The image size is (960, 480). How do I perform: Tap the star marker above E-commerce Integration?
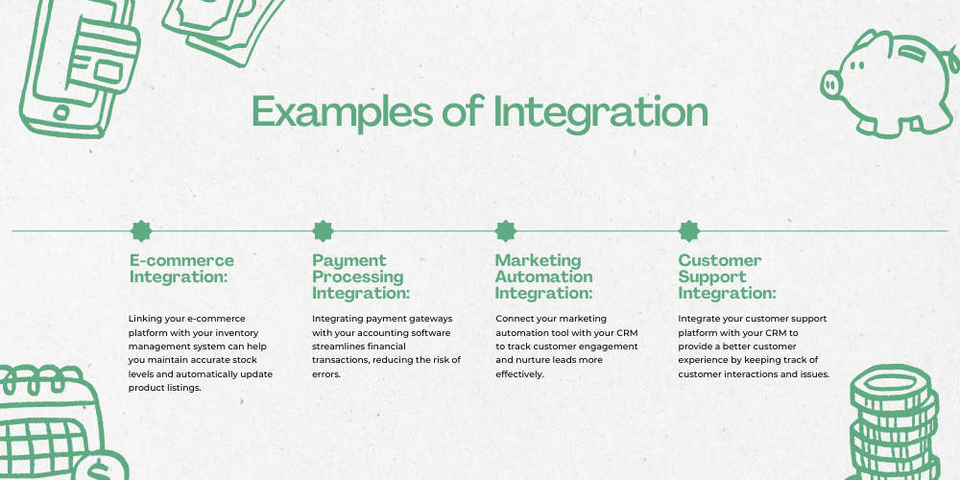click(x=141, y=230)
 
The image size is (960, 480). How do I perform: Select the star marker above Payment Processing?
click(x=323, y=230)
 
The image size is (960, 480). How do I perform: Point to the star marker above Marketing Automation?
click(x=506, y=230)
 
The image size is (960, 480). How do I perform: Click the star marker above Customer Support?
click(x=688, y=230)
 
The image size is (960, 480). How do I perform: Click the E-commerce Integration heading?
click(x=181, y=269)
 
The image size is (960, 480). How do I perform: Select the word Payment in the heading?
click(x=349, y=261)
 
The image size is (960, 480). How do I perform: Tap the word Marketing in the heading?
click(x=539, y=261)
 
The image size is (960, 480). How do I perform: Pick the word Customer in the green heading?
click(x=720, y=260)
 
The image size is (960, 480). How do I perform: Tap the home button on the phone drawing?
click(x=60, y=112)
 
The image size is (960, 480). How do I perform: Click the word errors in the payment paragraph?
click(x=326, y=374)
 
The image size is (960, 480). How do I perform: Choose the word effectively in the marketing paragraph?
click(x=519, y=374)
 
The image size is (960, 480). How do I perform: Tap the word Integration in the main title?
click(x=601, y=113)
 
